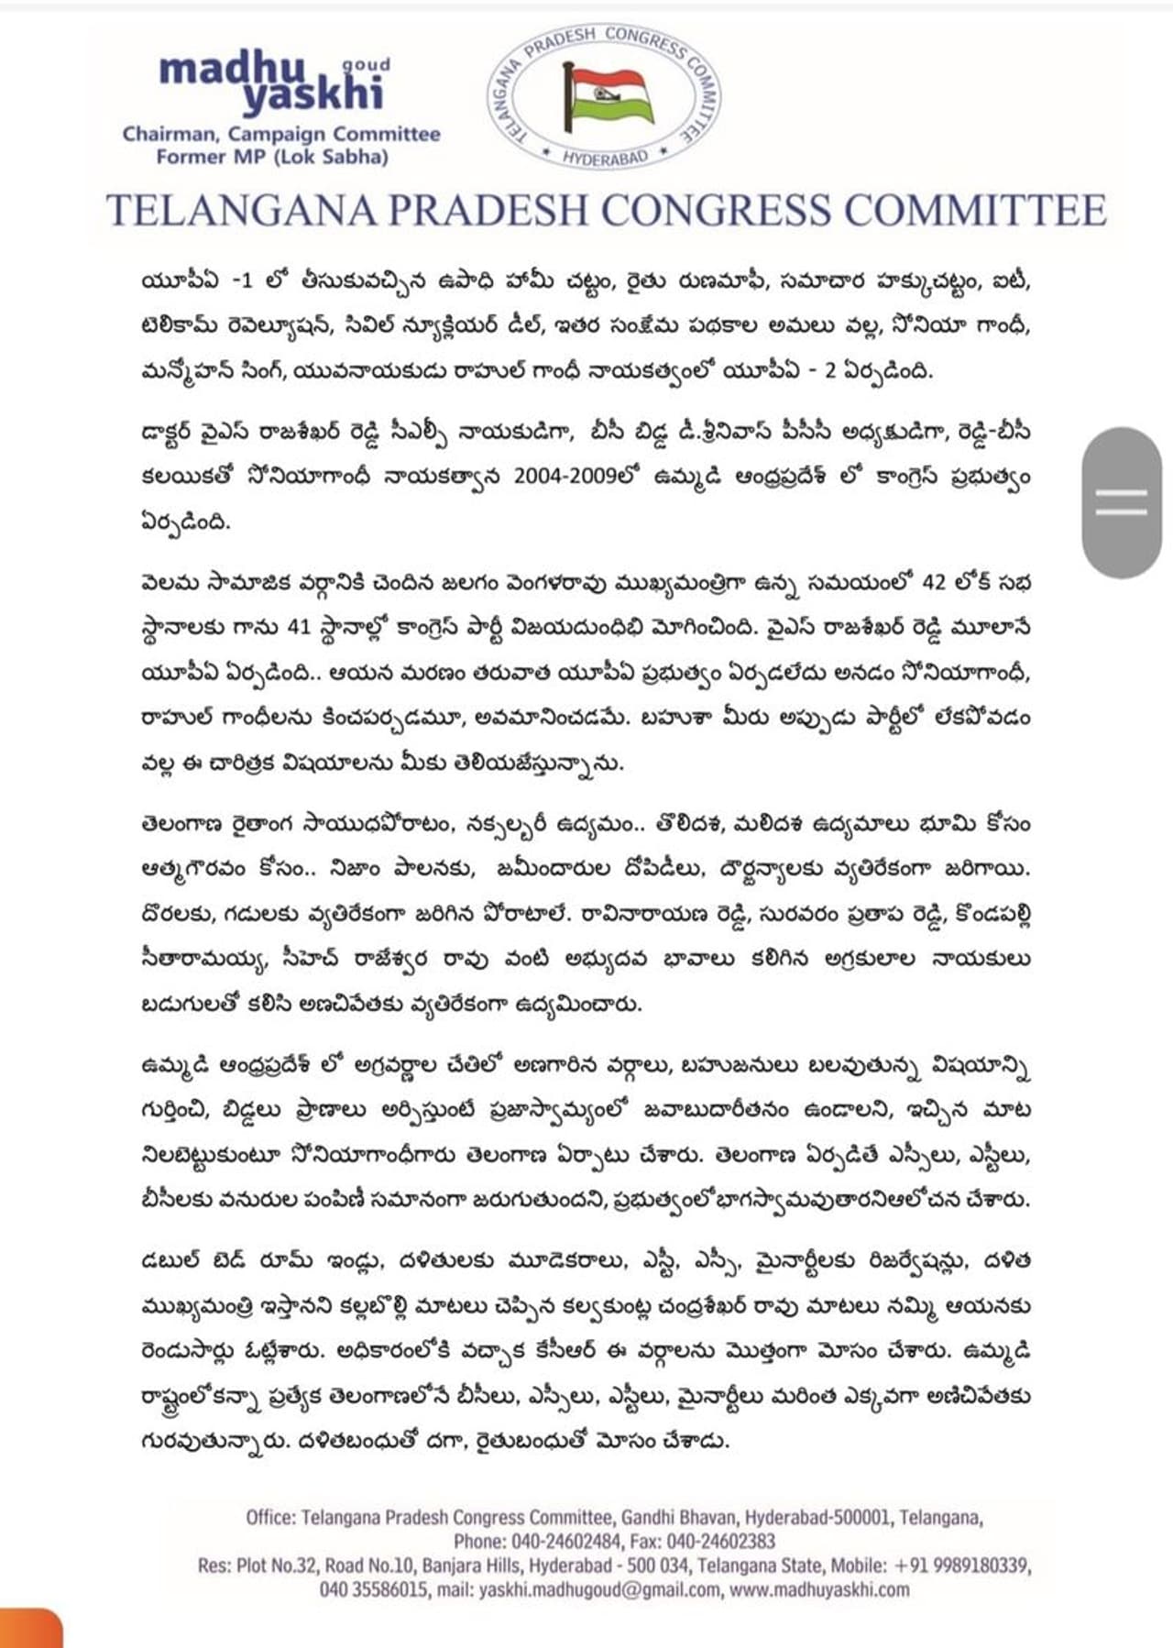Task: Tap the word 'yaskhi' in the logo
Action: (312, 94)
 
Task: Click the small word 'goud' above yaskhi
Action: (366, 65)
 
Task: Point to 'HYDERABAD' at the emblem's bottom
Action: (605, 158)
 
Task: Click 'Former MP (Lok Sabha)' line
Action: (271, 157)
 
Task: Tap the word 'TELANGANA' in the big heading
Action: (241, 210)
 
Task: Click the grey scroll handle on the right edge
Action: (1121, 501)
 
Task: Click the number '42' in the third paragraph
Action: (933, 582)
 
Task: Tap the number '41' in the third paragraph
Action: (299, 627)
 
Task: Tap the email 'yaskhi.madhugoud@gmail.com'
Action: (599, 1589)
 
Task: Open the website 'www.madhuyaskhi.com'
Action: (819, 1589)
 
